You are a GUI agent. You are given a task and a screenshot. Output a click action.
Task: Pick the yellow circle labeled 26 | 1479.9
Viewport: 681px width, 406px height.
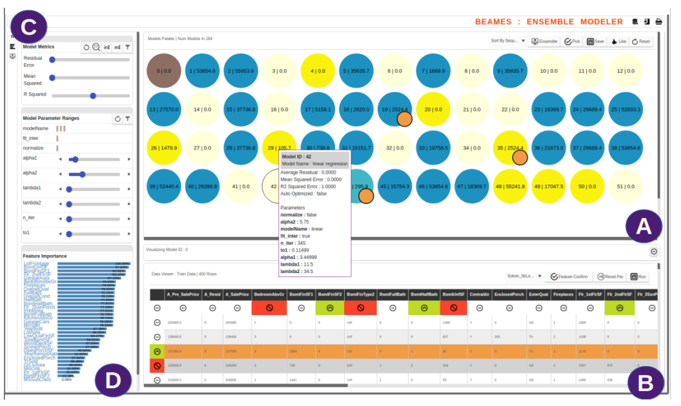[164, 148]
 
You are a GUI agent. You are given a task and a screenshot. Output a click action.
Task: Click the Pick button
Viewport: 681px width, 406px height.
[571, 41]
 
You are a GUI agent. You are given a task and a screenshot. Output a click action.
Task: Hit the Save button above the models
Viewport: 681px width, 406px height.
[595, 41]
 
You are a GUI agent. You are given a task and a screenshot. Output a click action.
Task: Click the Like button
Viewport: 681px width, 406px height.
[618, 41]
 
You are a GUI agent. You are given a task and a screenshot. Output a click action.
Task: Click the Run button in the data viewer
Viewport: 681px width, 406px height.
[638, 276]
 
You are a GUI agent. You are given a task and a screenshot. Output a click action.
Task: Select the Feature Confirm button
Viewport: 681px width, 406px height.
[569, 276]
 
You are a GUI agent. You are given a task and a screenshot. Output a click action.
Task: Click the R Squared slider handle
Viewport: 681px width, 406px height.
[93, 96]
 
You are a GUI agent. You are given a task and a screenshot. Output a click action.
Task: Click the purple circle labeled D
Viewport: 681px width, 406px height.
[112, 380]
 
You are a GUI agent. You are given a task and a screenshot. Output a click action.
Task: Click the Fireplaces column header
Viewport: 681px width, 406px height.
[563, 294]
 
